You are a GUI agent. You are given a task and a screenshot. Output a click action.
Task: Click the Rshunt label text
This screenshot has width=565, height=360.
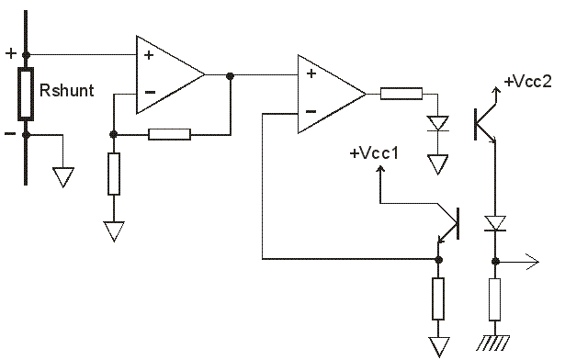point(67,90)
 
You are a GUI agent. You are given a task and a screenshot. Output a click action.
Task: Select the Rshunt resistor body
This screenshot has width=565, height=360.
point(26,94)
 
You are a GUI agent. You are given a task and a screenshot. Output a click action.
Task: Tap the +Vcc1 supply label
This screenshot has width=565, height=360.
point(374,153)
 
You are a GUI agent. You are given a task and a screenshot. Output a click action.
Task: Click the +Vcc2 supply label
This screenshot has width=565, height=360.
point(528,82)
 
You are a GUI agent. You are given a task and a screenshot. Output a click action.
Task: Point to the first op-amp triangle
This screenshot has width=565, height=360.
point(170,74)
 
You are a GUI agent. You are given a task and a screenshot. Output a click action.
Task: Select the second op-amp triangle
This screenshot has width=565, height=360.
point(332,94)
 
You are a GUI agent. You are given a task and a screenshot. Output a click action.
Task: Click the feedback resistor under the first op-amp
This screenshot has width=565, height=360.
point(169,134)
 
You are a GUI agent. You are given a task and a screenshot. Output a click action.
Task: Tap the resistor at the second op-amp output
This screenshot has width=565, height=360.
point(401,94)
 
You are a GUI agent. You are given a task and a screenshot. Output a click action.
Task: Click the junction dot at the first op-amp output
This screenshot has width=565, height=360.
point(230,76)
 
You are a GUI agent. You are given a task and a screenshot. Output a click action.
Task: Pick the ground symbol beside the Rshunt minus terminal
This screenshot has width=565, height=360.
point(63,177)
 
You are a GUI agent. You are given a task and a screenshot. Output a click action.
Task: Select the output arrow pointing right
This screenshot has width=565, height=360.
point(517,262)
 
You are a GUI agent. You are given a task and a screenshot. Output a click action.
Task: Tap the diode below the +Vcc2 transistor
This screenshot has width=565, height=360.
point(495,223)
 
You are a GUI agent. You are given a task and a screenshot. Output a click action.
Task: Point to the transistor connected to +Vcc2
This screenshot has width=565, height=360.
point(486,116)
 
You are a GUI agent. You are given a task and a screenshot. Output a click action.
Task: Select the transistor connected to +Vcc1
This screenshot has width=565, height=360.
point(448,223)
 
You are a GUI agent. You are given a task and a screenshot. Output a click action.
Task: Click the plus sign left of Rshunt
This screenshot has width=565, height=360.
point(11,53)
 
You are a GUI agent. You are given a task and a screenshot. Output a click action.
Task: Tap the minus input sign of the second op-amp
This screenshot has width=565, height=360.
point(311,112)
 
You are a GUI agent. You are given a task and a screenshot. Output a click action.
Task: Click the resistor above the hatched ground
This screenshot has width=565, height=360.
point(495,299)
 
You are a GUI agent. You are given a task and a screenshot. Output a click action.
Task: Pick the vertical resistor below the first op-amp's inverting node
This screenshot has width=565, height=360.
point(114,174)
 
